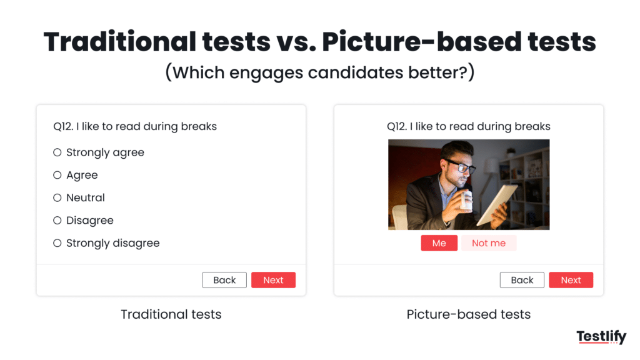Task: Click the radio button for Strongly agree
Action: tap(57, 152)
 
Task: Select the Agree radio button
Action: tap(57, 175)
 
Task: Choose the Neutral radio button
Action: tap(57, 197)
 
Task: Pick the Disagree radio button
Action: tap(57, 221)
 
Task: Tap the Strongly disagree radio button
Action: tap(57, 243)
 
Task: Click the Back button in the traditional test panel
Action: tap(224, 280)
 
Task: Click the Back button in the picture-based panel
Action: tap(522, 280)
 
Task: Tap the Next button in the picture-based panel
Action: tap(571, 280)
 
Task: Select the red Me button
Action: tap(439, 243)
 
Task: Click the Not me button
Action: tap(489, 243)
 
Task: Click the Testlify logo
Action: tap(601, 337)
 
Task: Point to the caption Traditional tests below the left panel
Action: tap(171, 314)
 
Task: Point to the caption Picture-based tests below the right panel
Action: tap(469, 314)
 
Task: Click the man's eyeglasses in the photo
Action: tap(462, 167)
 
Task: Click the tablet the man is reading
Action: tap(497, 204)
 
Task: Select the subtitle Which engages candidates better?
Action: tap(320, 72)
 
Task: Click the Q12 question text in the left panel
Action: tap(135, 126)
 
